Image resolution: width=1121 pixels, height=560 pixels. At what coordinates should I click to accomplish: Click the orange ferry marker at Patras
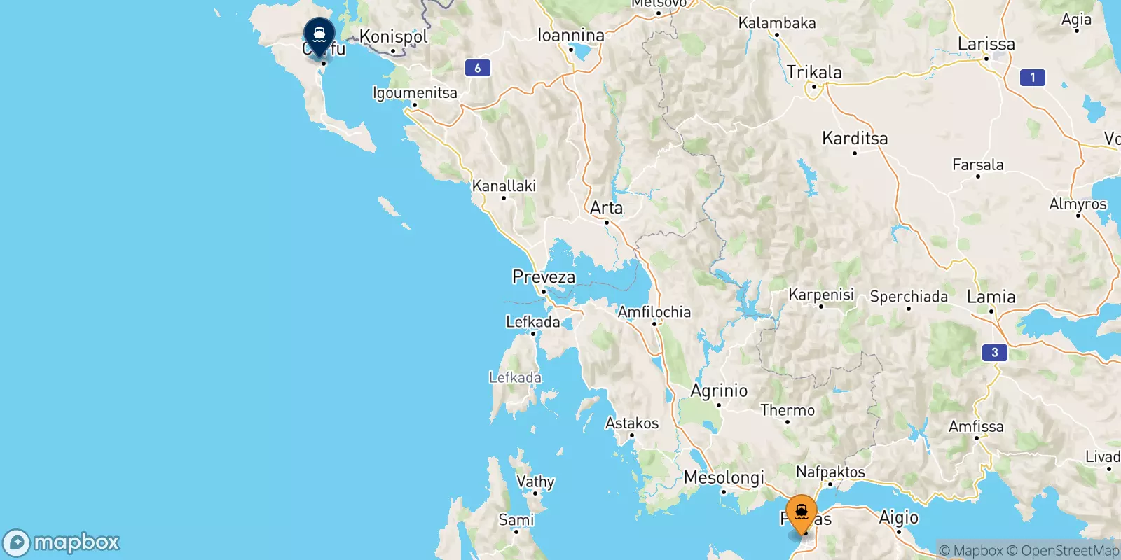(801, 513)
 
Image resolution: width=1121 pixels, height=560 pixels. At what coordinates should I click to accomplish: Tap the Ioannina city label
(570, 35)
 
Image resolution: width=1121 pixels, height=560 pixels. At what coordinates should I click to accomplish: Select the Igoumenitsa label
(415, 92)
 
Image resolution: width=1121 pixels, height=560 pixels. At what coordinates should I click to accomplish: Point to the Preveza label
(544, 277)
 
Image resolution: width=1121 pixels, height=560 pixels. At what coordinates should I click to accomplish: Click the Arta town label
(606, 208)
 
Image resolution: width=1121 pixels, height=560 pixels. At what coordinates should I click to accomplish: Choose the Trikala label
(814, 72)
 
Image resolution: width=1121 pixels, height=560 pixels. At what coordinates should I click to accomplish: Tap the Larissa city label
(986, 44)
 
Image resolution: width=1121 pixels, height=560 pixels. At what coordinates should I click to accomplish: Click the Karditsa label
(855, 139)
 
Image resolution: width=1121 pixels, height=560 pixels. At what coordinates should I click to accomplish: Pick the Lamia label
(991, 297)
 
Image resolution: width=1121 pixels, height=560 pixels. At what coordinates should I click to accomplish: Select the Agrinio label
(719, 391)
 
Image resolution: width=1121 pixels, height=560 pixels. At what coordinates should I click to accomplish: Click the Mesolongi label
(724, 477)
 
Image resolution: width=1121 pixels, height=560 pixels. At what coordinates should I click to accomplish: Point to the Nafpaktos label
(830, 472)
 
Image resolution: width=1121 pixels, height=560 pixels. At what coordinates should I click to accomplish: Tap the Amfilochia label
(654, 312)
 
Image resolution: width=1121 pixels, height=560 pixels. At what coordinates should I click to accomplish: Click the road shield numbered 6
(477, 68)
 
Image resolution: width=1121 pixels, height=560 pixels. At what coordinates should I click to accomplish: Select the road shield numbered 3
(994, 352)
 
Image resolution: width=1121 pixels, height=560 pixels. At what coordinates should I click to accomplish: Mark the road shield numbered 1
(1032, 78)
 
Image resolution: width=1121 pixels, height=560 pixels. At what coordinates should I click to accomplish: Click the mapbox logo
(62, 542)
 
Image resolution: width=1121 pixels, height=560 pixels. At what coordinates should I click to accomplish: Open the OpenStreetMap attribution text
(1064, 551)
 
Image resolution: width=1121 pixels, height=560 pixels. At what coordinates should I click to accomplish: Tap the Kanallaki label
(504, 186)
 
